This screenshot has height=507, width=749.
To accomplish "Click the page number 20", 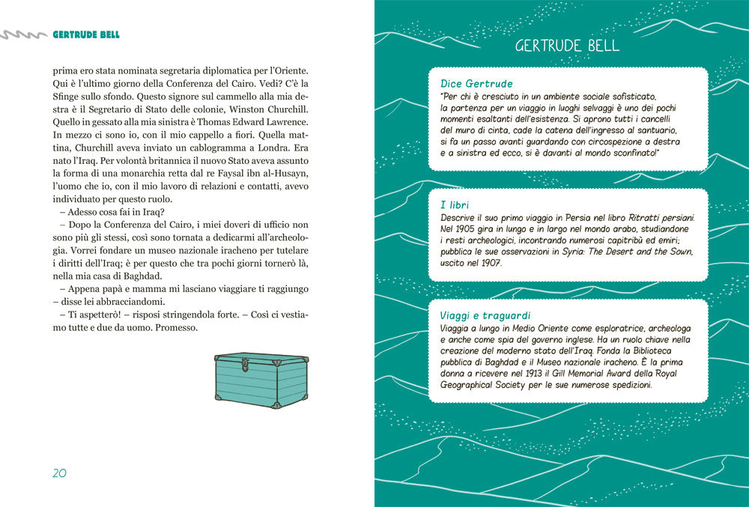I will click(x=60, y=473).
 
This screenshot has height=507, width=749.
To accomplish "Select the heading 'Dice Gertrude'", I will click(x=476, y=84).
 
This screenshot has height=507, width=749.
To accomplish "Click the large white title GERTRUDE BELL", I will click(x=567, y=46).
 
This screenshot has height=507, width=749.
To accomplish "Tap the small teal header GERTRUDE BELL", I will click(x=86, y=34).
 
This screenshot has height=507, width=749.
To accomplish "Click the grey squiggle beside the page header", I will click(x=23, y=34).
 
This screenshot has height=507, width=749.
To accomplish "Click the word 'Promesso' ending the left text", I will click(x=173, y=329).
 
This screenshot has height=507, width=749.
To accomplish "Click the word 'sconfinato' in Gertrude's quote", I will click(x=628, y=153).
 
